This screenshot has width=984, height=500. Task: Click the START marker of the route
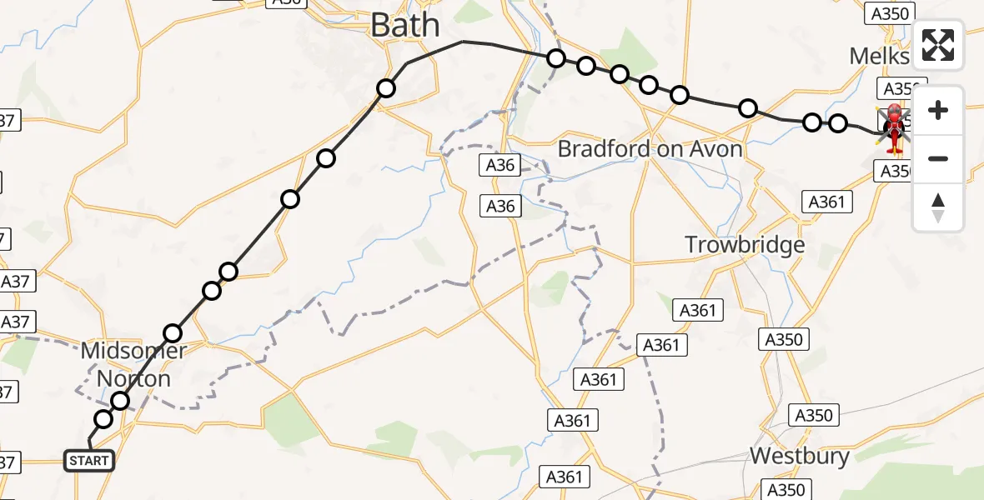pyautogui.click(x=88, y=460)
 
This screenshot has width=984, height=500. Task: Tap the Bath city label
pyautogui.click(x=404, y=25)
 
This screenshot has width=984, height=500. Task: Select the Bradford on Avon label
pyautogui.click(x=650, y=149)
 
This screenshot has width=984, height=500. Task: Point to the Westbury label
pyautogui.click(x=799, y=456)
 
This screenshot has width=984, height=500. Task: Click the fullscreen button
pyautogui.click(x=938, y=45)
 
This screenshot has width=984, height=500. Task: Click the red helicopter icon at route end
pyautogui.click(x=894, y=131)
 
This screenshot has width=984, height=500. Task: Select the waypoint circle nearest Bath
pyautogui.click(x=385, y=88)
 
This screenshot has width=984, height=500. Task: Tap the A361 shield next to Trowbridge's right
pyautogui.click(x=826, y=201)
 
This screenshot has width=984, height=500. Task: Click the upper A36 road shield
pyautogui.click(x=500, y=165)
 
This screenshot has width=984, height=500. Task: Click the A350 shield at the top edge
pyautogui.click(x=890, y=13)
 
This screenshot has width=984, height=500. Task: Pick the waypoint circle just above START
pyautogui.click(x=103, y=419)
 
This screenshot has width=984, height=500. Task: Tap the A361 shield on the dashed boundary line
pyautogui.click(x=660, y=345)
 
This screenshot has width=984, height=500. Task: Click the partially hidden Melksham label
pyautogui.click(x=879, y=56)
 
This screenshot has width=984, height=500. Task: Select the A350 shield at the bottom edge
pyautogui.click(x=786, y=490)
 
